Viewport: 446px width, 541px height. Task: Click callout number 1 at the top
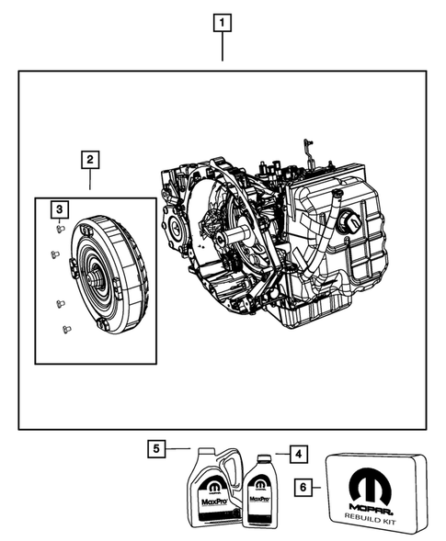click(222, 22)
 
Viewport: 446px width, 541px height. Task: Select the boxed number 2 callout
click(89, 161)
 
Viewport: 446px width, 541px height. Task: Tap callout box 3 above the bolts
click(58, 211)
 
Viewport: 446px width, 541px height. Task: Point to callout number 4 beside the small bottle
click(298, 453)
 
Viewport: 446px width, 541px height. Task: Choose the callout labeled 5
click(157, 449)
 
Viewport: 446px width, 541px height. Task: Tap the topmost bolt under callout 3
click(57, 229)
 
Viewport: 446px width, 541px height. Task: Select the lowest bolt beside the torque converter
click(64, 328)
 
